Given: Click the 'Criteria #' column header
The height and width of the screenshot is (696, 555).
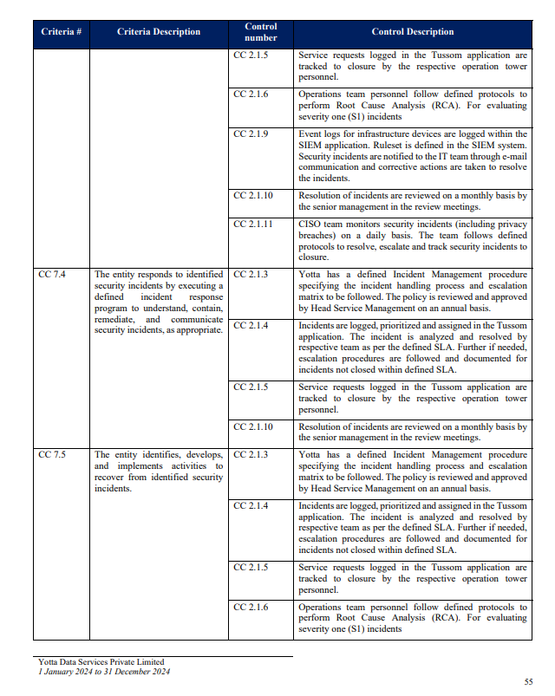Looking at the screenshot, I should [61, 32].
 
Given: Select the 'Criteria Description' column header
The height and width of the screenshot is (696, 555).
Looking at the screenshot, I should [159, 32].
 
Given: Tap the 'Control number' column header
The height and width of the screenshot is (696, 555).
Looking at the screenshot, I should [261, 32].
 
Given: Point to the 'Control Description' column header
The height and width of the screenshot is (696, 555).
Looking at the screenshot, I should [412, 32].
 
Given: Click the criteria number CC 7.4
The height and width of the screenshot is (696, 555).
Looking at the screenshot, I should [52, 275].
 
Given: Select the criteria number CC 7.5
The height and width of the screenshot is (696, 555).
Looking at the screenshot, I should [52, 455].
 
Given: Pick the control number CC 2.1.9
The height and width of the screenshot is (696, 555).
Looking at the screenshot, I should [251, 134].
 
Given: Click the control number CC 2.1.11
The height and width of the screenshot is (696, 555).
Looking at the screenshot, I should [253, 224].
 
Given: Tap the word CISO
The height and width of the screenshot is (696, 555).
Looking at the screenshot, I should [310, 224].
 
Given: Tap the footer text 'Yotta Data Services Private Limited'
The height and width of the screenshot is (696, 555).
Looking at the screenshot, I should [101, 663].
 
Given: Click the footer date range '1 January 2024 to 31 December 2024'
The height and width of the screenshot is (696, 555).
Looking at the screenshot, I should [103, 673].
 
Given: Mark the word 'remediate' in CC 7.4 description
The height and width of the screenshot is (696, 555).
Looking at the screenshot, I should [114, 319].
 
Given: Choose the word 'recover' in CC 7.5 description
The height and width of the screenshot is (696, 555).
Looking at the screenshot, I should [110, 477].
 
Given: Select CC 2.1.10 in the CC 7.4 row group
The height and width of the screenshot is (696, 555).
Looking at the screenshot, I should [253, 427].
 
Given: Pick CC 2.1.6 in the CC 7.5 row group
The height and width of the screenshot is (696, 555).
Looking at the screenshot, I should [251, 608].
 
